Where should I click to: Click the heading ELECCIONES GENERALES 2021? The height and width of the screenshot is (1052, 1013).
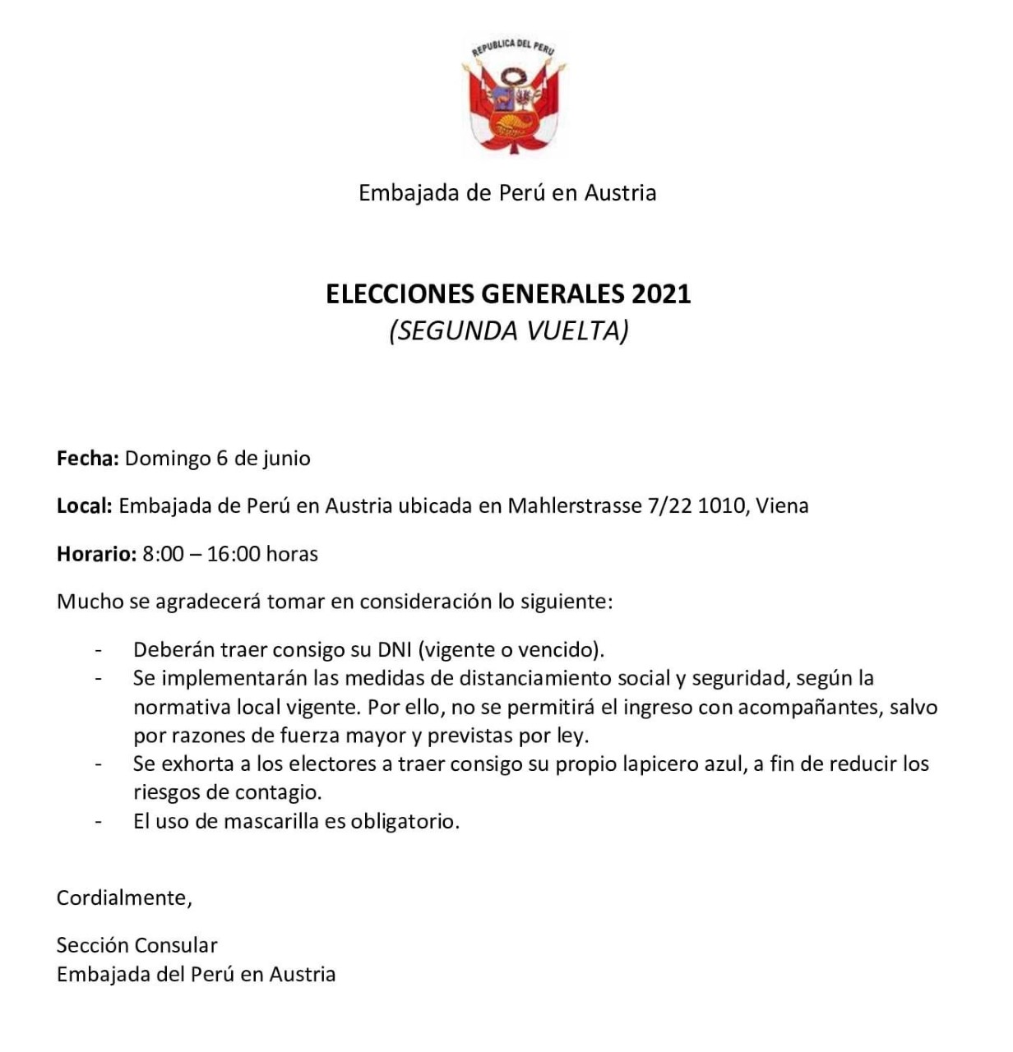click(508, 294)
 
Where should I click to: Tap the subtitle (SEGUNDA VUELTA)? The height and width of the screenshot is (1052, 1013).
click(508, 330)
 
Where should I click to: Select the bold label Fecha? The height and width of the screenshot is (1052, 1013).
click(88, 459)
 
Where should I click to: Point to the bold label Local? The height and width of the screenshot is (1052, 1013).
click(84, 506)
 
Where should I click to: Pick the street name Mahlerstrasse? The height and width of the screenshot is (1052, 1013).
click(574, 506)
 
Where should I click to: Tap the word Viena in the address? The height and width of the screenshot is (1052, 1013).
click(782, 506)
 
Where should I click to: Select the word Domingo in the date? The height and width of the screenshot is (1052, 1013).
click(168, 459)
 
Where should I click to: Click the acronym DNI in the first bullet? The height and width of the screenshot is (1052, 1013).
click(395, 650)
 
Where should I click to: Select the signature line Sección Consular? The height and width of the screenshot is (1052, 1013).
click(136, 945)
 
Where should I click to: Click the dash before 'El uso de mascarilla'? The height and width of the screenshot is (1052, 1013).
click(99, 821)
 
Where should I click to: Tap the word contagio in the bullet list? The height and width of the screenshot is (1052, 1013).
click(280, 793)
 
